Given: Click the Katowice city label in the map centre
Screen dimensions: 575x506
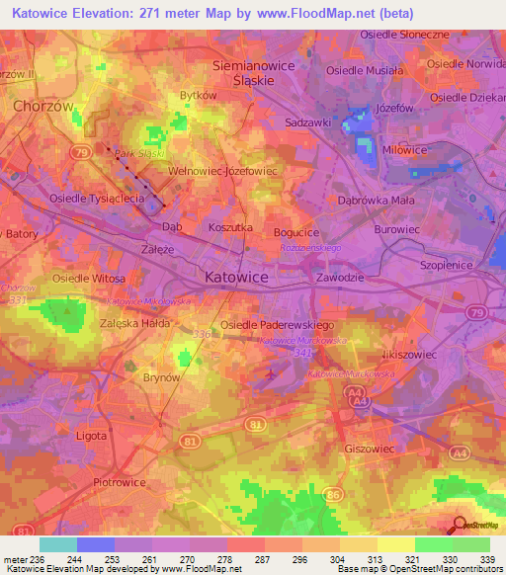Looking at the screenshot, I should tap(235, 279).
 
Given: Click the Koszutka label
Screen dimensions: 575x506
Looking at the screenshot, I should tap(231, 227).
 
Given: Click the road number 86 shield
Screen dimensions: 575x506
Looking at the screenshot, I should tap(333, 492).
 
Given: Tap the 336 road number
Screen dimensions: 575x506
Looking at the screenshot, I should tap(202, 335).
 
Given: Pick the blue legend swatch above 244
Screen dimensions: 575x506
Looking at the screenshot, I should tap(96, 544).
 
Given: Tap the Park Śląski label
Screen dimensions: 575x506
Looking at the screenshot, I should tap(137, 154).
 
